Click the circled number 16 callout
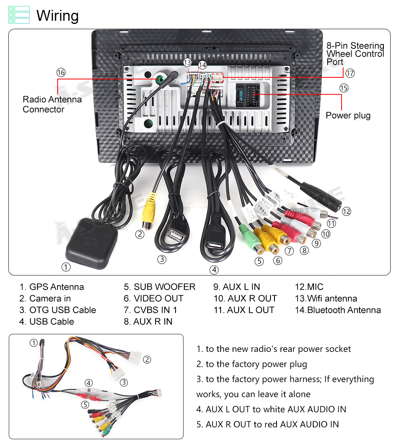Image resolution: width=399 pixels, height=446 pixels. [x=61, y=73]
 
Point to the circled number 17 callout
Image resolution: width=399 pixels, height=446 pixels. [x=350, y=73]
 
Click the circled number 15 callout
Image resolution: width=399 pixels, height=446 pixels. [x=344, y=88]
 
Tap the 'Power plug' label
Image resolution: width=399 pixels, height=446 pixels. [x=348, y=116]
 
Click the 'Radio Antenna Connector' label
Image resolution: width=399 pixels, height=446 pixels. [x=52, y=104]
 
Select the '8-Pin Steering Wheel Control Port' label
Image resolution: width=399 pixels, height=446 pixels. [x=355, y=54]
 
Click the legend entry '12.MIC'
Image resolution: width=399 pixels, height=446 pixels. [x=309, y=287]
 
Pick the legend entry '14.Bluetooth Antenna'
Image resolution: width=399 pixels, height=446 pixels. [x=338, y=310]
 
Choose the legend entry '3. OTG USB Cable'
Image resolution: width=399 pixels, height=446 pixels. [x=58, y=310]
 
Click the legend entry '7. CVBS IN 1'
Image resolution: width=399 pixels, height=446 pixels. [x=150, y=310]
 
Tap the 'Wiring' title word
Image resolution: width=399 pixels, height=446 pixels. [x=57, y=16]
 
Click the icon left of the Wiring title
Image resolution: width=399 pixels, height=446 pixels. [x=19, y=15]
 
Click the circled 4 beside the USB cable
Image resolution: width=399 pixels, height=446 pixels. [x=214, y=270]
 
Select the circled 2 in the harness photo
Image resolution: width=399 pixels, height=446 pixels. [x=147, y=359]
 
